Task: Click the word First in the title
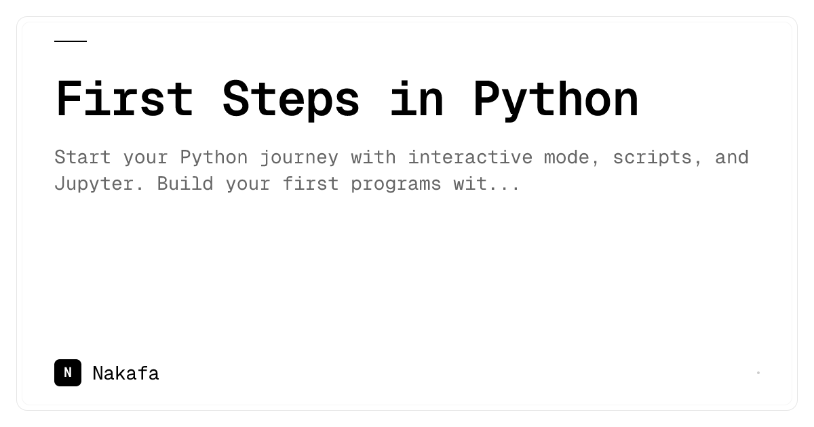124,98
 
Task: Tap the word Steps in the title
291,100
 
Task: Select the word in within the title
416,98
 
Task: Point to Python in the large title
556,100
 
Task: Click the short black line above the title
71,41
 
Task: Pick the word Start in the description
83,157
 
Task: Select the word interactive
470,157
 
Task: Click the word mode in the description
566,157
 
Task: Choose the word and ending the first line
732,157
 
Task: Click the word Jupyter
94,184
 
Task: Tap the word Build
185,184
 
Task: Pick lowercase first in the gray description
311,184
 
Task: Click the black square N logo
68,373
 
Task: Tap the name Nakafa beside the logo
125,373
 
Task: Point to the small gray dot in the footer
758,373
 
